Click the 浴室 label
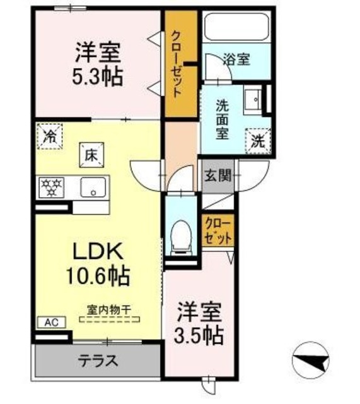237,60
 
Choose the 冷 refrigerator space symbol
50,136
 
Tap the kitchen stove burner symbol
50,186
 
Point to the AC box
50,322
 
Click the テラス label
99,362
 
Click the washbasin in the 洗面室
253,100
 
